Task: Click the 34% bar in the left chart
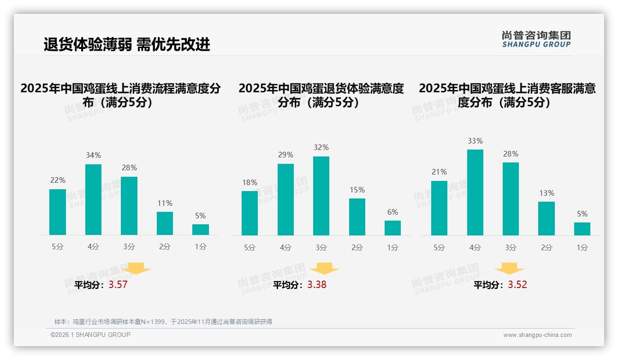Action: tap(93, 199)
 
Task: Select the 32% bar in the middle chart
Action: tap(321, 196)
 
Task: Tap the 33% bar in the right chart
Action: tap(475, 192)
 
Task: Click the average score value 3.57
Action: tap(118, 285)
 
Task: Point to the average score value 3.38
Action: tap(317, 285)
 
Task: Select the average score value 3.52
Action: tap(517, 285)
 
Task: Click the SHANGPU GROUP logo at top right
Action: tap(536, 39)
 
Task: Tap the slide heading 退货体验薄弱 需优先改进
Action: tap(127, 44)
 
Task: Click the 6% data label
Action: tap(392, 212)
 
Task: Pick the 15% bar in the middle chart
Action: tap(357, 217)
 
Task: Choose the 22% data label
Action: tap(58, 180)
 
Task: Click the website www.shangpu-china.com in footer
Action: tap(537, 335)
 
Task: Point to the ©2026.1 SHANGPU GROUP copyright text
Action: tap(90, 335)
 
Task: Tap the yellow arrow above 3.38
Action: tap(324, 269)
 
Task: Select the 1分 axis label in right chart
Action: tap(582, 248)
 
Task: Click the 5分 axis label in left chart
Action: tap(58, 247)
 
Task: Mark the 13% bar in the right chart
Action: tap(547, 218)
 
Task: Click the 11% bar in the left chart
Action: tap(165, 223)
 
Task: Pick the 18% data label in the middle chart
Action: tap(250, 183)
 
